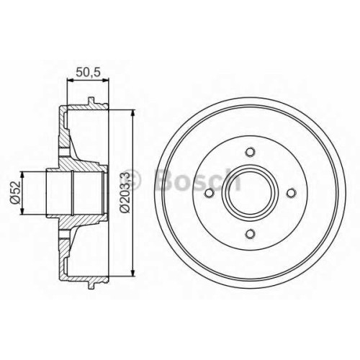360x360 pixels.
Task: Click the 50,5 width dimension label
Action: point(88,72)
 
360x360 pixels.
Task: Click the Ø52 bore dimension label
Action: point(15,192)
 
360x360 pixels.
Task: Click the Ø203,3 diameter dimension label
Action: point(125,192)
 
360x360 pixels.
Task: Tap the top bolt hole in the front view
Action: point(250,152)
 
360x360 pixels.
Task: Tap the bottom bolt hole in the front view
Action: point(250,233)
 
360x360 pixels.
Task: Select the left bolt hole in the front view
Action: point(210,193)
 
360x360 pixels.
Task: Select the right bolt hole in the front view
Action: point(291,193)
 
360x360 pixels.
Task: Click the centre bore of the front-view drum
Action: point(250,193)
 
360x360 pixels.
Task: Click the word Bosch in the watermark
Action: point(197,180)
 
